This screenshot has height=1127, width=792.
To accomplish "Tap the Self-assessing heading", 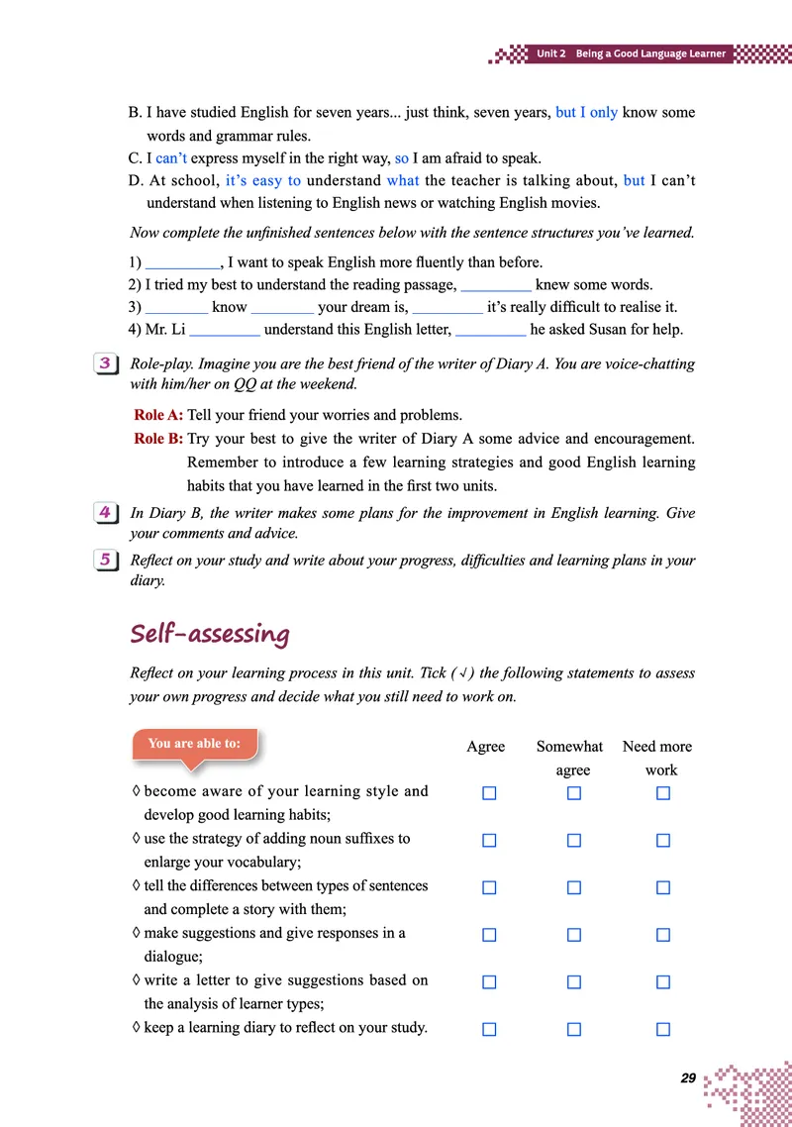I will pos(210,634).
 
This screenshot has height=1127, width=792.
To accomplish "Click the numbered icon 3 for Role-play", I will pos(104,363).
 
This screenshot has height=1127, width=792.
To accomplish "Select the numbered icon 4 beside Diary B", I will pos(104,513).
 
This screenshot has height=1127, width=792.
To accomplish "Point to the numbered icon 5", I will pos(104,560).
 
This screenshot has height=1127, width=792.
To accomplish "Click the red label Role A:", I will pos(158,415).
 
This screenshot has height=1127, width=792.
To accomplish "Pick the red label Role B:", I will pos(158,439).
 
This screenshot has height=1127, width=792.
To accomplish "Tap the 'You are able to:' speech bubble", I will pos(194,744).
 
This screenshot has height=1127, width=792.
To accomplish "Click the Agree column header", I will pos(485,747).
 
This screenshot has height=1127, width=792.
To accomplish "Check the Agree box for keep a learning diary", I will pos(489,1029).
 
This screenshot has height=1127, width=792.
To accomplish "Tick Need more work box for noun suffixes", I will pos(663,841).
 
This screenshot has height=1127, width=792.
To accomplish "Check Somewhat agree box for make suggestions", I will pos(574,935).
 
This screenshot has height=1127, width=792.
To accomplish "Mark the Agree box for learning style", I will pos(489,793).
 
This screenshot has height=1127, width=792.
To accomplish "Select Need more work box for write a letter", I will pos(663,982).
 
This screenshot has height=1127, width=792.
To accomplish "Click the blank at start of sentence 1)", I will pos(182,263).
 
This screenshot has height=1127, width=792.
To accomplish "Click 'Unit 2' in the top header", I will pos(551,53).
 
